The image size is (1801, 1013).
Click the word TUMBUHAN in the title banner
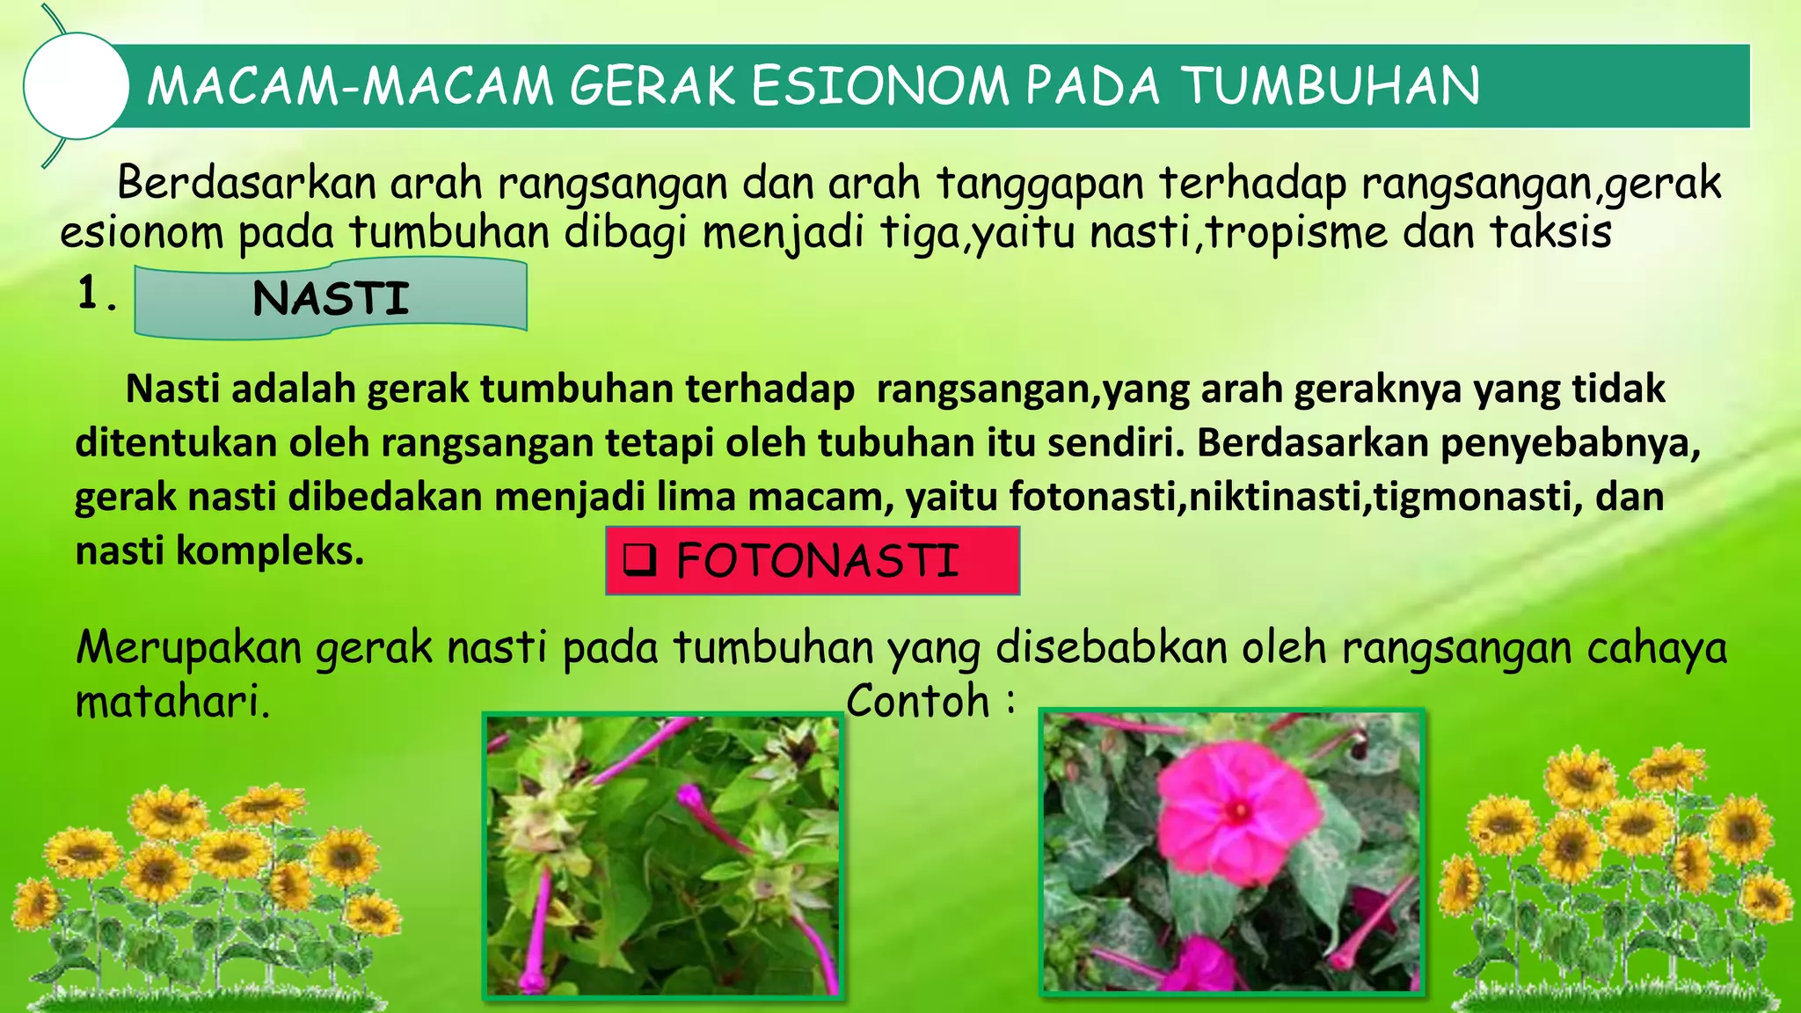(x=1330, y=86)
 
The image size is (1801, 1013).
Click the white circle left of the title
(x=76, y=86)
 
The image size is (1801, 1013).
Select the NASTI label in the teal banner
(x=331, y=299)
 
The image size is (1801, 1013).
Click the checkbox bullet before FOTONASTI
(x=639, y=560)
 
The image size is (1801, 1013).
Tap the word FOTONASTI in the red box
(x=817, y=561)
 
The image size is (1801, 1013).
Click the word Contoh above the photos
(x=918, y=702)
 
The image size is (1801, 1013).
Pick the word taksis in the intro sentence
(x=1551, y=233)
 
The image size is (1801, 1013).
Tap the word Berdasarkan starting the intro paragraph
(x=246, y=184)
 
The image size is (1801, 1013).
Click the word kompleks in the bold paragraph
(x=269, y=551)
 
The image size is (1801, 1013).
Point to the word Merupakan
(x=188, y=648)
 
